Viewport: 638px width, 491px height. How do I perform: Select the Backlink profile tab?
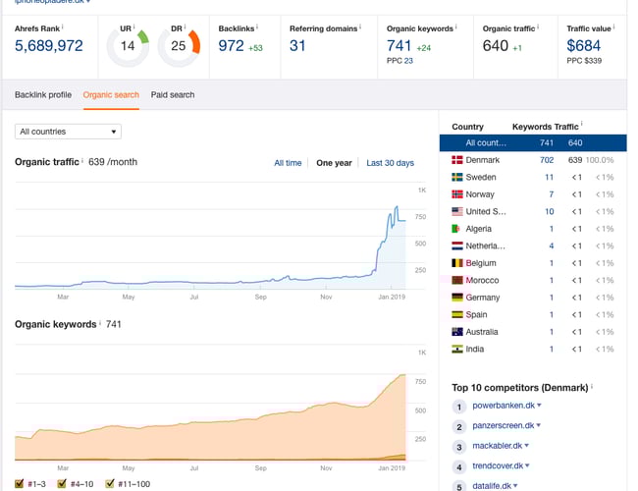tap(43, 95)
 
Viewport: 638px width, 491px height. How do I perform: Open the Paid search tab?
tap(173, 95)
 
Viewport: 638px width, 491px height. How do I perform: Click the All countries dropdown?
tap(69, 132)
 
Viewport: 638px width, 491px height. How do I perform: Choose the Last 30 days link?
tap(390, 163)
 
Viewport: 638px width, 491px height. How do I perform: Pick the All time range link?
tap(288, 163)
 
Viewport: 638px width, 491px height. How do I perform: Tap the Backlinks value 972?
tap(231, 45)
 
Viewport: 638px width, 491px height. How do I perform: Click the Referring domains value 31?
tap(297, 45)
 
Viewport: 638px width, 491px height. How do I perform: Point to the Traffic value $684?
tap(584, 45)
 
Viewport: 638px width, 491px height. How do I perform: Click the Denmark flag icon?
tap(456, 160)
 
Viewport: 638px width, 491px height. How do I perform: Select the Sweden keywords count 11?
tap(550, 178)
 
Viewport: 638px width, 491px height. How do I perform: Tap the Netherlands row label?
tap(486, 246)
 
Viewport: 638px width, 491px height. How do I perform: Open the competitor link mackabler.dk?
tap(500, 446)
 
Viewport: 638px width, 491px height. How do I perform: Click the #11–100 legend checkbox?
tap(110, 483)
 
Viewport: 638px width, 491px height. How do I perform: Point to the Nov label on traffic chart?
tap(327, 297)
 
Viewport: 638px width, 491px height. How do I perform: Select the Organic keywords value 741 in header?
tap(399, 45)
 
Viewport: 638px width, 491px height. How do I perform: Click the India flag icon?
tap(456, 350)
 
